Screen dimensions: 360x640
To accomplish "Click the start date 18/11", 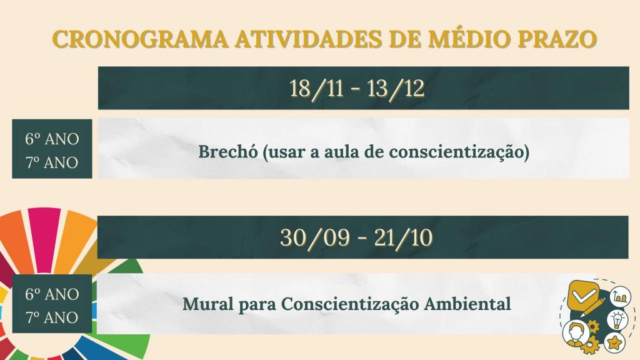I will coord(317,89).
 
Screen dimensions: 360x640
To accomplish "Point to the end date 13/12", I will coord(396,89).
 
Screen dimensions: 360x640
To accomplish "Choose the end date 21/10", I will coord(404,237).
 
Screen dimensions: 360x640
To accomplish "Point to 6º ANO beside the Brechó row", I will coord(52,139).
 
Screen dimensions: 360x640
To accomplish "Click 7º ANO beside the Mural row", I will coord(52,317).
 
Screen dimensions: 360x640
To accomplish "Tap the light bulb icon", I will coord(617,320).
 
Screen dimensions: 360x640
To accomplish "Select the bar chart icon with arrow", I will coord(620,296).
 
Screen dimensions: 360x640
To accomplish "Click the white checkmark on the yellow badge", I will coord(585,296).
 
